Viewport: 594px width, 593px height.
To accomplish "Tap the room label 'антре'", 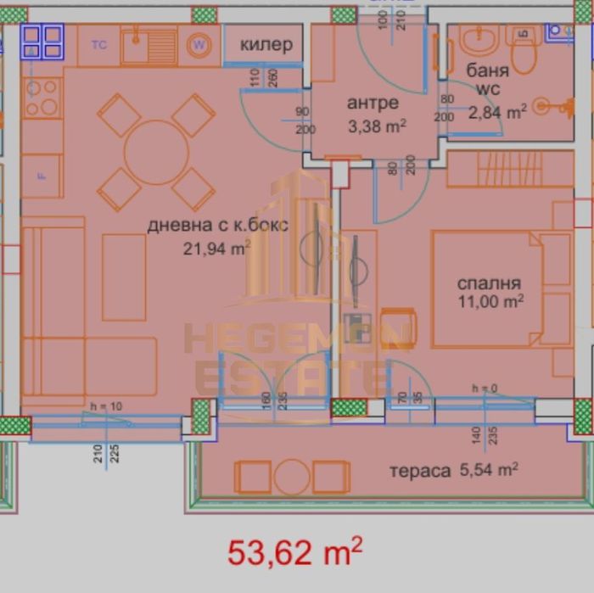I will [x=373, y=103].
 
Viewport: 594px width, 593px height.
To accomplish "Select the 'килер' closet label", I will [x=266, y=45].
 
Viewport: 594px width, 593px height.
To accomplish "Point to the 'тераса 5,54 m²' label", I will [x=453, y=469].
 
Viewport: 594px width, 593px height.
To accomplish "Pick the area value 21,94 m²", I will [x=216, y=248].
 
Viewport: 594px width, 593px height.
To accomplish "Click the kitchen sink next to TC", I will [x=148, y=45].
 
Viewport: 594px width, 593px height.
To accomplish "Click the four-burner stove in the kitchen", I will [x=42, y=98].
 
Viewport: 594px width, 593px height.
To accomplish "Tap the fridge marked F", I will [x=41, y=176].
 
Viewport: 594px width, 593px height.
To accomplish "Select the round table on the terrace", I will [x=291, y=477].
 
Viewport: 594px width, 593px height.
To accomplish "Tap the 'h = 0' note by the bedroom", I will [x=486, y=389].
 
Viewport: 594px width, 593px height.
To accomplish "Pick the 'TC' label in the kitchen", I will [x=98, y=45].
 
